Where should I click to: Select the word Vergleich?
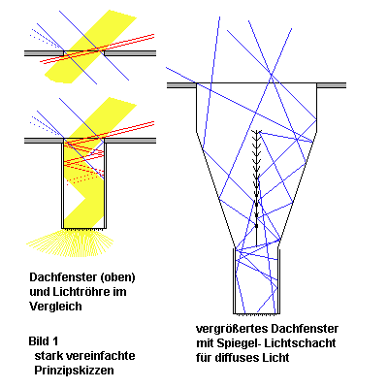pyautogui.click(x=55, y=307)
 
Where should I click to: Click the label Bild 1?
pyautogui.click(x=44, y=341)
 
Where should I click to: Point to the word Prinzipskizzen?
pyautogui.click(x=74, y=371)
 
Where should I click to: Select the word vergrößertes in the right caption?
pyautogui.click(x=232, y=329)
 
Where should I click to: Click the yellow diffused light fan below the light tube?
pyautogui.click(x=70, y=242)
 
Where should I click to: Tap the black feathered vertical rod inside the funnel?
pyautogui.click(x=257, y=187)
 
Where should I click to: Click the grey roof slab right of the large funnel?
pyautogui.click(x=332, y=85)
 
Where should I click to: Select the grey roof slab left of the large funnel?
pyautogui.click(x=181, y=85)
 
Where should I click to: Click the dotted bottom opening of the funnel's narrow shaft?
pyautogui.click(x=256, y=313)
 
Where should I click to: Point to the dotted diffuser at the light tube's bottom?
pyautogui.click(x=84, y=229)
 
